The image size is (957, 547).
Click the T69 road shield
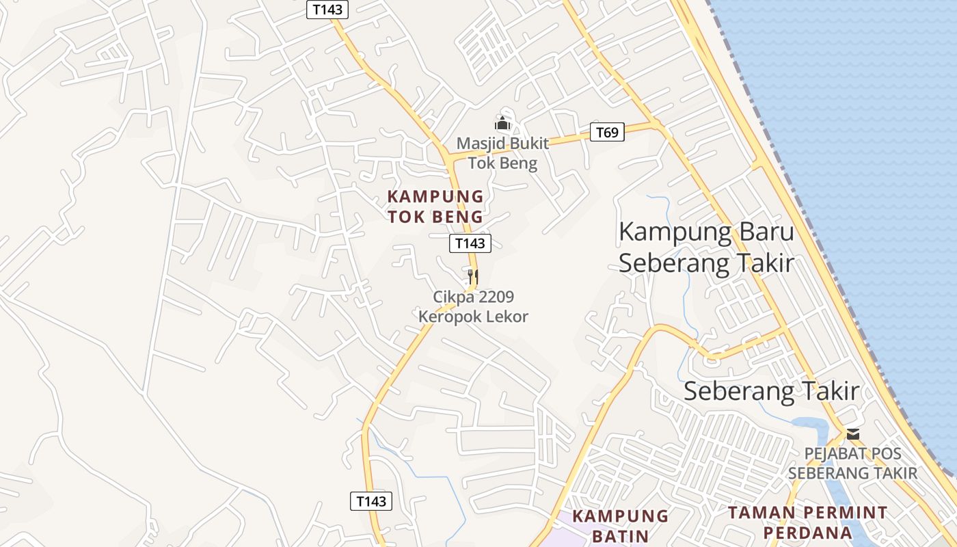[607, 132]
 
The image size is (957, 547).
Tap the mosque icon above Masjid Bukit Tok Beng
[502, 124]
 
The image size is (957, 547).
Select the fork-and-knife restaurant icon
[472, 276]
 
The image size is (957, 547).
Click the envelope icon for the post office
[852, 434]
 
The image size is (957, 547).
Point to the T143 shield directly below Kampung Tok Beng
[470, 243]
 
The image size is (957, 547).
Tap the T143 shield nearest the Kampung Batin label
[372, 501]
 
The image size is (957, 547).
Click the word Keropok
[448, 317]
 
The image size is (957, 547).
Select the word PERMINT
[844, 513]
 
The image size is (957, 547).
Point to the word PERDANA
[807, 533]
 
